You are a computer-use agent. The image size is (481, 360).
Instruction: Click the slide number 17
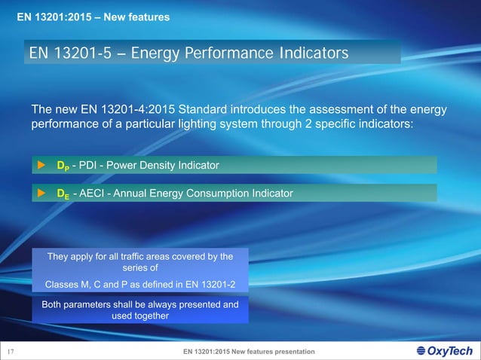point(11,352)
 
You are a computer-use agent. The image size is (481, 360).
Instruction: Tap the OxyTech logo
point(444,351)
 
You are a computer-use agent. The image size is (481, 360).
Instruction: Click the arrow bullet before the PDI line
point(42,165)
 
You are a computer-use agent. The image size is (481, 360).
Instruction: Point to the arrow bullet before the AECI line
point(42,194)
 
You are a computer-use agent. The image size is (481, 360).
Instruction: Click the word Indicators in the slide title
point(304,53)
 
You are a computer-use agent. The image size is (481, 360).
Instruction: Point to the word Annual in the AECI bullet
point(143,194)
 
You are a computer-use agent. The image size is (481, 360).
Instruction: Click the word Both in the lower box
point(54,304)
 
